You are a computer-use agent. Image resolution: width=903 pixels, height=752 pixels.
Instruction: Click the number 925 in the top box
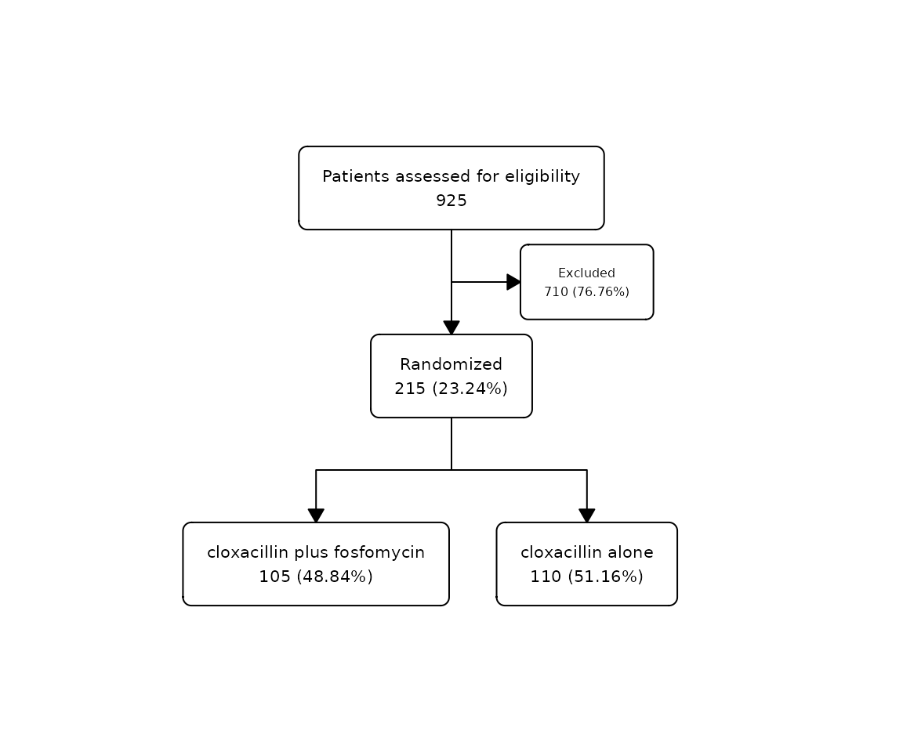click(451, 201)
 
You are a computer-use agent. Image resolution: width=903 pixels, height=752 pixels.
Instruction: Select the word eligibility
click(542, 176)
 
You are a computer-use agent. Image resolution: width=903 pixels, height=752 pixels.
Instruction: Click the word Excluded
click(587, 273)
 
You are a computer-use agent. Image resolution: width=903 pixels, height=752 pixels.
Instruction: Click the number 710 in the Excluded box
click(557, 291)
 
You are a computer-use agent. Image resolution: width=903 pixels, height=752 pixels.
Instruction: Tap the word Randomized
click(451, 364)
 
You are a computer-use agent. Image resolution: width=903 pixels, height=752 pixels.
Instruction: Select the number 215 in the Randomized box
click(410, 389)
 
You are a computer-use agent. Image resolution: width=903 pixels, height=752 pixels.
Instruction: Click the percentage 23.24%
click(470, 389)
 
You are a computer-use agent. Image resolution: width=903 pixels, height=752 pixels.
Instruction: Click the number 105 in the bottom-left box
click(274, 577)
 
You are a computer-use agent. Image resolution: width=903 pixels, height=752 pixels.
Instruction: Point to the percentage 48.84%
click(335, 577)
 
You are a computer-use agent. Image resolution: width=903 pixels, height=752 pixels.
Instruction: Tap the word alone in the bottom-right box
click(630, 552)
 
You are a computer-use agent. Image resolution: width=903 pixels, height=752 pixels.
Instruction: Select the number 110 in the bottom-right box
click(546, 577)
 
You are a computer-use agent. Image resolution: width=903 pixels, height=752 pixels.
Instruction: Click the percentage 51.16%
click(605, 577)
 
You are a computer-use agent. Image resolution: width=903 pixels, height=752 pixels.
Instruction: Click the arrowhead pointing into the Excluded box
click(513, 282)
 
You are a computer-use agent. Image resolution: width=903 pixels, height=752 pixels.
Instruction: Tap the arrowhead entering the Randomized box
click(451, 328)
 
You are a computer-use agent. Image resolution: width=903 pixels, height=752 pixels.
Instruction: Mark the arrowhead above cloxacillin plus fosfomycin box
click(316, 516)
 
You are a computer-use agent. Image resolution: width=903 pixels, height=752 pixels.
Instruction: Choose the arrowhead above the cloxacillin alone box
click(587, 516)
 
